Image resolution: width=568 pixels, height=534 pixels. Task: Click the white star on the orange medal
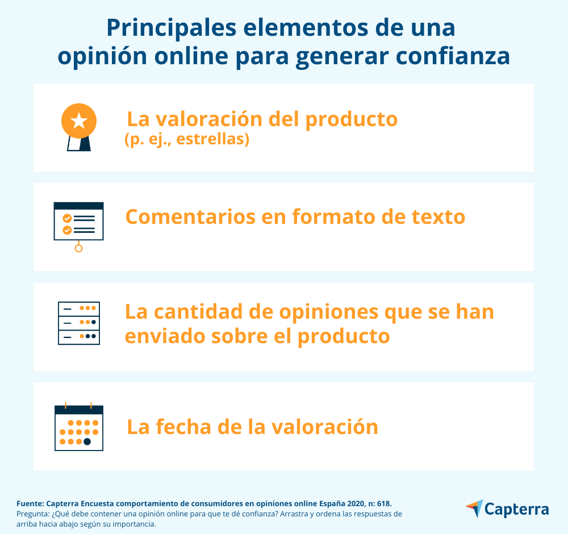tap(79, 121)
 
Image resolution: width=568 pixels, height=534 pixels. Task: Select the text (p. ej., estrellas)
tap(187, 140)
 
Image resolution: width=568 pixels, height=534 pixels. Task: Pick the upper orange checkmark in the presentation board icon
tap(67, 218)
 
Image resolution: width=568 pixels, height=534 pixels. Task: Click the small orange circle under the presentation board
tap(79, 248)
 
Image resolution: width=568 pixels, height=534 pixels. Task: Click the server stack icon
tap(79, 323)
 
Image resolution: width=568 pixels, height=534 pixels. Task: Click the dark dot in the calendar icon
tap(87, 441)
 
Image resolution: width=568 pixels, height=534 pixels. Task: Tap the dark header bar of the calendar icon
tap(79, 410)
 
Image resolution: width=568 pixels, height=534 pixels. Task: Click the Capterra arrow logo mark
tap(474, 508)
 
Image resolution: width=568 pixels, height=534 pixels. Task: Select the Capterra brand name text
tap(517, 509)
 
